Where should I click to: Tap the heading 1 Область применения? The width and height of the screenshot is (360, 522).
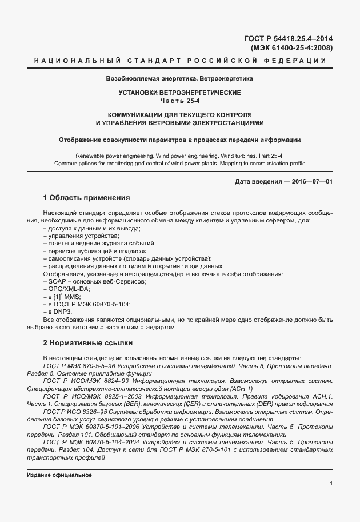tap(87, 198)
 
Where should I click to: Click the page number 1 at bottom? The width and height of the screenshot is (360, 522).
tap(331, 484)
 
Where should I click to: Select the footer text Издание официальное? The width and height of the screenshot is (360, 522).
tap(59, 475)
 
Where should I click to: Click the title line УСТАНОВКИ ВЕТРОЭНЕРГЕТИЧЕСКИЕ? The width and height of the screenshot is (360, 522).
tap(179, 93)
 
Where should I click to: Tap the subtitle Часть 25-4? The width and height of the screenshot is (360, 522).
tap(179, 101)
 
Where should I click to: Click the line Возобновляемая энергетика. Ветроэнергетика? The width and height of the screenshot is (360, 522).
tap(179, 78)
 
